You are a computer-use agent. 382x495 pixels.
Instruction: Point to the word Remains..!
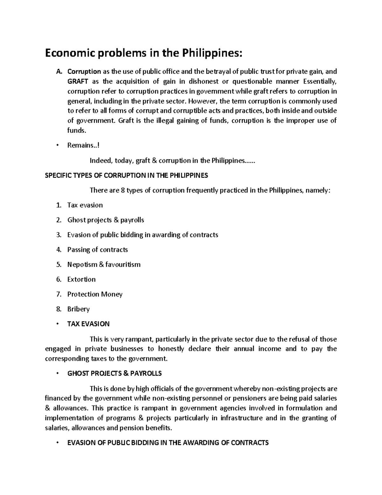[83, 145]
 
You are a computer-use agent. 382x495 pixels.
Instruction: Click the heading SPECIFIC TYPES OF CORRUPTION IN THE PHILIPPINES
[126, 175]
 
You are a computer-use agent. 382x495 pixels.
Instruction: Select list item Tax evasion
[85, 205]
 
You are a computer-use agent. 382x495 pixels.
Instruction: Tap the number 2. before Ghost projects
[59, 220]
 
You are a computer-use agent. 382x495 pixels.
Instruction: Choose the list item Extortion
[81, 279]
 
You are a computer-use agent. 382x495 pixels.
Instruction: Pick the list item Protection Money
[95, 294]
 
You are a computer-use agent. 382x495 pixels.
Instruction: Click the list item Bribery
[78, 309]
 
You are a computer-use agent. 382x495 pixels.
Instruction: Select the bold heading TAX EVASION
[88, 324]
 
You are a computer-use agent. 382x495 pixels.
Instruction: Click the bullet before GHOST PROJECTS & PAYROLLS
[58, 373]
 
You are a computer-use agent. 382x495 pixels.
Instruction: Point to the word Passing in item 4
[78, 250]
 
